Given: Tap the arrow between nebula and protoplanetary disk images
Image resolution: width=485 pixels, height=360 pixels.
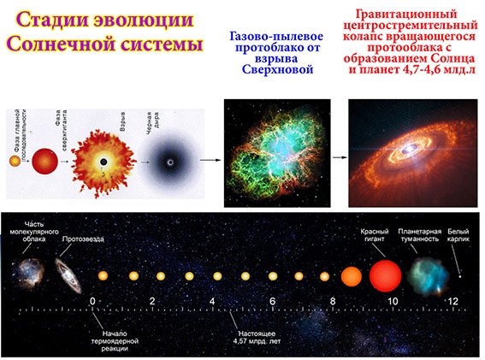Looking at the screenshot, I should coord(339,158).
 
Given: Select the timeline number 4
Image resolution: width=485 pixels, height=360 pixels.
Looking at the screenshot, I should coord(211,302).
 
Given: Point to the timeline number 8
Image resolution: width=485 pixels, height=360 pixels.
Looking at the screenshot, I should coord(332,302).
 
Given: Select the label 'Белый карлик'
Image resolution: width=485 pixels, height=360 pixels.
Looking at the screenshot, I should coord(461,236).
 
